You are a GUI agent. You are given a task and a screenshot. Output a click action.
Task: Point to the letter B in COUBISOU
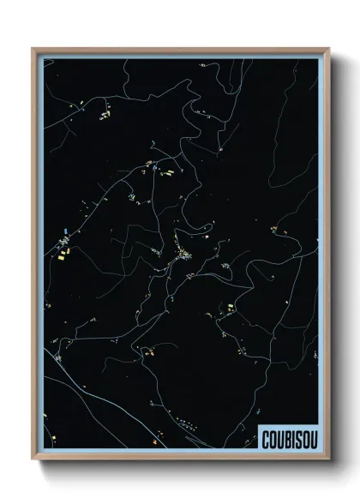click(x=284, y=435)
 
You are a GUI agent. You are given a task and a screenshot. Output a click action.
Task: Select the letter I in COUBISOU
click(x=291, y=435)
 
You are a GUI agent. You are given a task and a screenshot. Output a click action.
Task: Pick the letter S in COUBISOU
click(x=297, y=435)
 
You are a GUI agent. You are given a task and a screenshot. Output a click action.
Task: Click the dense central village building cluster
click(x=185, y=254)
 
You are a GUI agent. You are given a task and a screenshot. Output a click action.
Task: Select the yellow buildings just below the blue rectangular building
click(x=65, y=252)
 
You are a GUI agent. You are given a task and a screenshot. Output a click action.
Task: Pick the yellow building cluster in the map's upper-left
click(x=104, y=112)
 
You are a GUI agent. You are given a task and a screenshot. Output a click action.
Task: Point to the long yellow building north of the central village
click(x=168, y=172)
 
